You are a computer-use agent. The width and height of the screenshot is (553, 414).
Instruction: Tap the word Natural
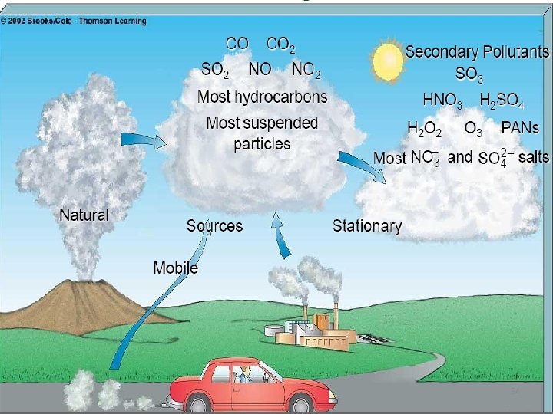coord(84,215)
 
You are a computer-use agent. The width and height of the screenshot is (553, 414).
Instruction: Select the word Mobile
coord(175,268)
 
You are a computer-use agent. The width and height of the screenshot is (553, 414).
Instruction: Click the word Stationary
coord(367,225)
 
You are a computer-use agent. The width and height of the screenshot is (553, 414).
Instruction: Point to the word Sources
coord(214,225)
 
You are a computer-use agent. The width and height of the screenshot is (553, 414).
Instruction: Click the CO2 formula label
coord(280,46)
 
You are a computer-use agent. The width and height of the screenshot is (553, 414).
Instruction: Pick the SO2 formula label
coord(214,70)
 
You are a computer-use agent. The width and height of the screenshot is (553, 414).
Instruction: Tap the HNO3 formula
coord(443,100)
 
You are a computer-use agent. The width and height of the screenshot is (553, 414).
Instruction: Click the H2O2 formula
coord(424,129)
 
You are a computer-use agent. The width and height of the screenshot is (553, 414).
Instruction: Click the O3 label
coord(474,129)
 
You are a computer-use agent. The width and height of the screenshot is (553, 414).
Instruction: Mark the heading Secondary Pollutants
coord(477,52)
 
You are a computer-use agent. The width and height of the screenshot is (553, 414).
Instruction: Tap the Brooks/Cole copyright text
coord(73,21)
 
